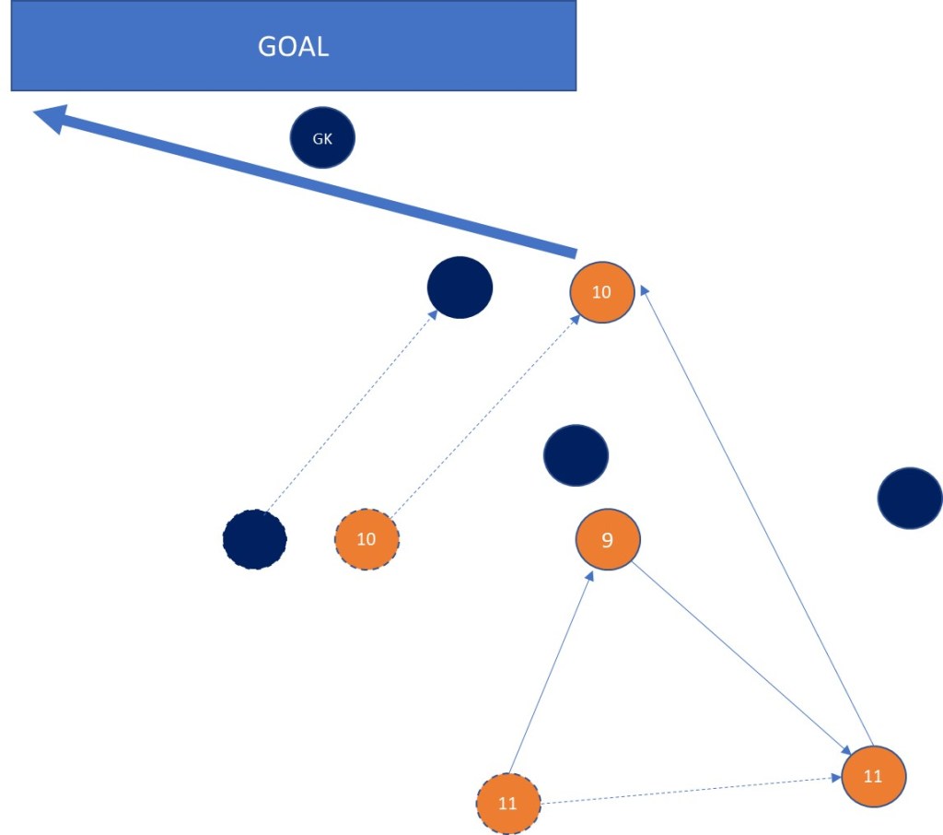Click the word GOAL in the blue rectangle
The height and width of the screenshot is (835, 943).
pos(293,47)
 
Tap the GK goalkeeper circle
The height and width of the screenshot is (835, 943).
pos(322,139)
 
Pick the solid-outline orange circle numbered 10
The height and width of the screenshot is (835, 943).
pos(601,292)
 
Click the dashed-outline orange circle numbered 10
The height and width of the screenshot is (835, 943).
pos(367,538)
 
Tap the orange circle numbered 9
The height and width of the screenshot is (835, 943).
pos(607,539)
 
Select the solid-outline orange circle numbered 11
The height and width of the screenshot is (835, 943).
pos(873,776)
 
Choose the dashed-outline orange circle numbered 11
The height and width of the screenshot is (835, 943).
pos(508,803)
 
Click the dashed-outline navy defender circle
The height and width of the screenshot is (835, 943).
pos(255,538)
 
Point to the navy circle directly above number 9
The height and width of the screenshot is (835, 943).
pos(576,455)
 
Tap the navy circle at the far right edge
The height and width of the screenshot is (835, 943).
pos(910,498)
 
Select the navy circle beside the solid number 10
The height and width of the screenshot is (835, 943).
pos(460,288)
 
